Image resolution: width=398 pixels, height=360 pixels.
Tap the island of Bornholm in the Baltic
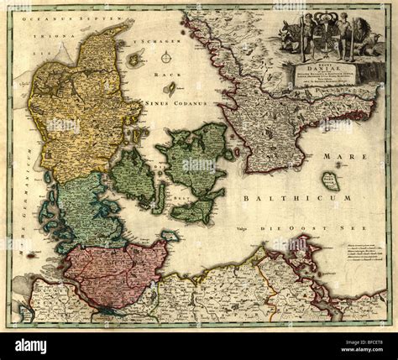tap(331, 180)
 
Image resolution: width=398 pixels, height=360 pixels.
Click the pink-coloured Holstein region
tap(113, 273)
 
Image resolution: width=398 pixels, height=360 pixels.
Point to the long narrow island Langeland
tap(159, 197)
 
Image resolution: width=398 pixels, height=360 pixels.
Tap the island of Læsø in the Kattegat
tap(135, 59)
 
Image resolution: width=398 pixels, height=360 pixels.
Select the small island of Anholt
tap(171, 87)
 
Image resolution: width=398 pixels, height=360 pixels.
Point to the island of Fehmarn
tap(170, 236)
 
